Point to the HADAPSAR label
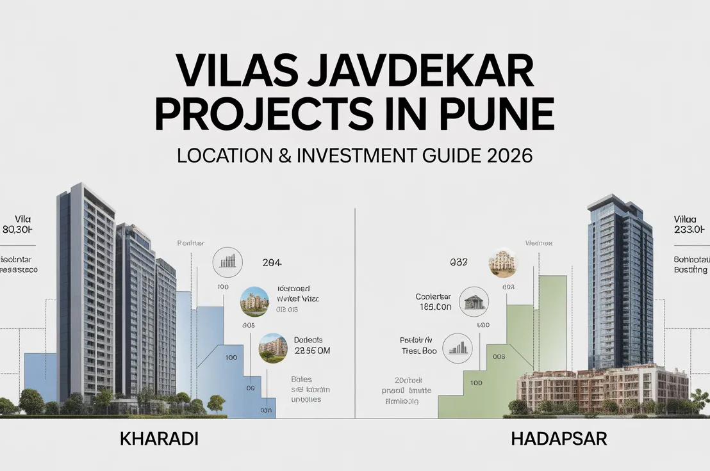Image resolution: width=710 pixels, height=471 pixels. tap(558, 440)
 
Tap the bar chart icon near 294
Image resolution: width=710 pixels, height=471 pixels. tap(227, 260)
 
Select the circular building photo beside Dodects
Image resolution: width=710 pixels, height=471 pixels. tap(272, 349)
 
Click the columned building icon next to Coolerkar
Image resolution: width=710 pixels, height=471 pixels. tap(474, 301)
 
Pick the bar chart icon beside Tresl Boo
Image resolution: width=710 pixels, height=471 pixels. tap(456, 347)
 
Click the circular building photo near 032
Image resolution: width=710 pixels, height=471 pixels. tap(502, 262)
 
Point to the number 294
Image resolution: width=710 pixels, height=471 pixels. tap(272, 262)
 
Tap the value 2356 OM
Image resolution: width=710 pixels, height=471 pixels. tap(311, 351)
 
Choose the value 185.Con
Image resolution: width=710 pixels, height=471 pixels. tap(435, 307)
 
